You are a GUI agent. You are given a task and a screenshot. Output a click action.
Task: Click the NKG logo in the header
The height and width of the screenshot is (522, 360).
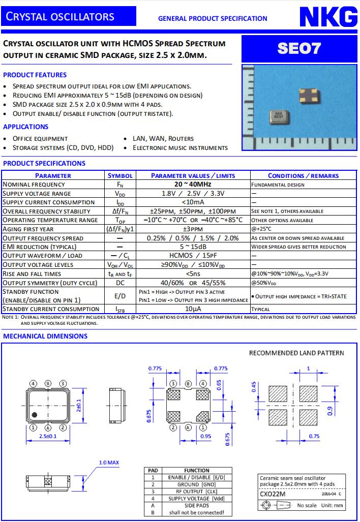point(327,18)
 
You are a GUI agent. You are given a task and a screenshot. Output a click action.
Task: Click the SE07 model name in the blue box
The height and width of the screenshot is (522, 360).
point(299,49)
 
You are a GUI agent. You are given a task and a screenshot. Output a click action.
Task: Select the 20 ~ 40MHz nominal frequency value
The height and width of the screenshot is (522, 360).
point(193,184)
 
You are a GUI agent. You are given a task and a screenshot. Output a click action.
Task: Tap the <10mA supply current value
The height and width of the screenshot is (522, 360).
point(193,202)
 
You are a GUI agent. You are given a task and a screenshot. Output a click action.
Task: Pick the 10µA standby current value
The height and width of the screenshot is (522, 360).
point(193,309)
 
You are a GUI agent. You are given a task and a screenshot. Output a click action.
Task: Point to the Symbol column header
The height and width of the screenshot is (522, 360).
point(120,175)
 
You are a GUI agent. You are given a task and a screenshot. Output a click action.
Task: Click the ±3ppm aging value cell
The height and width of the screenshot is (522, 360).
point(193,229)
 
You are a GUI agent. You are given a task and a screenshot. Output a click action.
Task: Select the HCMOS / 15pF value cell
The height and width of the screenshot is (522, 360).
point(193,255)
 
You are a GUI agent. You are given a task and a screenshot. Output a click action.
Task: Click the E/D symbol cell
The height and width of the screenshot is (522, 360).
point(120,296)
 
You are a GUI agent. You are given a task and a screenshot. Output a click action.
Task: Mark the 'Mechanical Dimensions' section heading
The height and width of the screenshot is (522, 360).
point(45,336)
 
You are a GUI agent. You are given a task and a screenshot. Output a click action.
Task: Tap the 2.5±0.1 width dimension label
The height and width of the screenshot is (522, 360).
point(48,436)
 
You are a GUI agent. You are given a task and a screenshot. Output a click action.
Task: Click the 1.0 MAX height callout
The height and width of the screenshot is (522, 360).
point(108,463)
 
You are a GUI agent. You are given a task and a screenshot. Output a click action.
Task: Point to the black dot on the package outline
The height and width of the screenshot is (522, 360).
point(35,415)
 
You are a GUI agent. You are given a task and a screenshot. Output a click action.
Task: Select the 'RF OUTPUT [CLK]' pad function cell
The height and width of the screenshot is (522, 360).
point(196,492)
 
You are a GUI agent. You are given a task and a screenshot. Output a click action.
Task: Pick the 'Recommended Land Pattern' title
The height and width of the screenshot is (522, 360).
point(296,353)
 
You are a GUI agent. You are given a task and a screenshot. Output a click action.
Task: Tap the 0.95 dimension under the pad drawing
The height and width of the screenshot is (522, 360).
point(206,436)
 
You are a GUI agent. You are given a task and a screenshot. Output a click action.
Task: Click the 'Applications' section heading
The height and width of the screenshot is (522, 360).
point(26,127)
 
